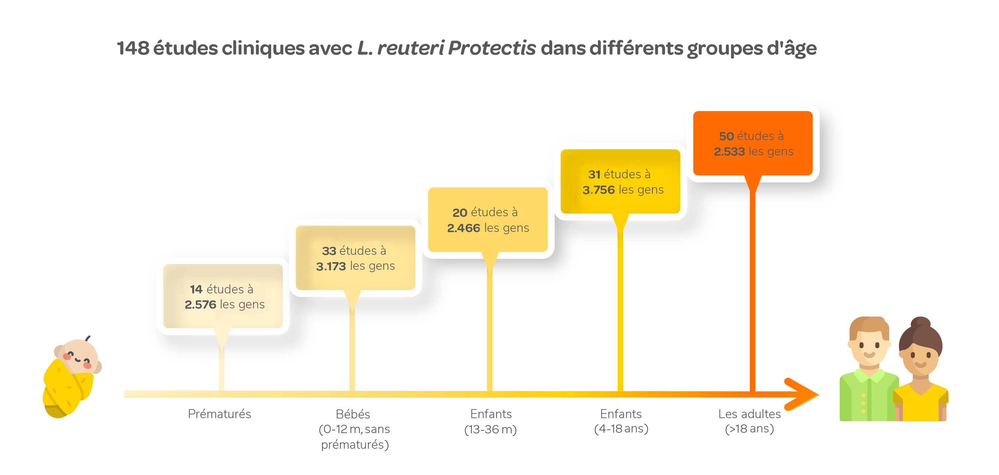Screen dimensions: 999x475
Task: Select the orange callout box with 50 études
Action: point(753,143)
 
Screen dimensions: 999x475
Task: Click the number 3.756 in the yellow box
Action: point(598,190)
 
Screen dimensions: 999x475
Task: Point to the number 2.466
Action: point(464,228)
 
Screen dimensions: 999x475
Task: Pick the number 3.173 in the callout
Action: point(331,266)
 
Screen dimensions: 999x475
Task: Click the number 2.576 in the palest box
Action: point(200,305)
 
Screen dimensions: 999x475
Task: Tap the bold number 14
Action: point(196,289)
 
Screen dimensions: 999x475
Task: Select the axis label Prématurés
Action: point(219,414)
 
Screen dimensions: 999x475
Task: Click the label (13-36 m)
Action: point(491,429)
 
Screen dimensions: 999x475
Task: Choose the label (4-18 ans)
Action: point(621,428)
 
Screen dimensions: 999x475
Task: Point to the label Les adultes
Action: point(749,414)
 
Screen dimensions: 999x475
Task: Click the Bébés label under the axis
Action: point(353,414)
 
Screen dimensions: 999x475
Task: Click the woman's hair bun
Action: point(920,322)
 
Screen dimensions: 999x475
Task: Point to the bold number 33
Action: point(329,251)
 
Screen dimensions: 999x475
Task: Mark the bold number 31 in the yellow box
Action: point(594,174)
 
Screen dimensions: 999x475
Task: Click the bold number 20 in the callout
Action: point(460,213)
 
